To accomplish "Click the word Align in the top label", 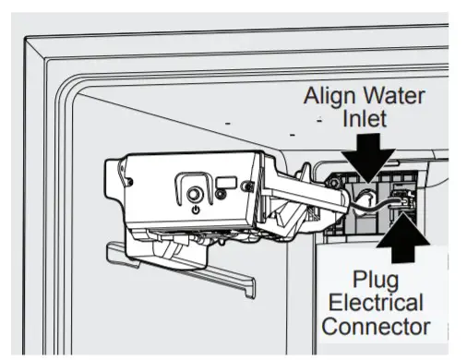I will [333, 96].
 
